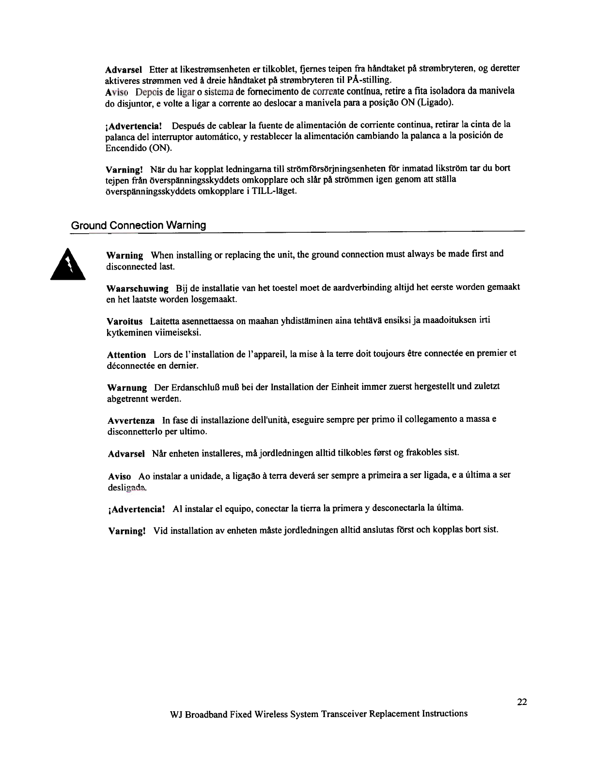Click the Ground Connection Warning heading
(139, 225)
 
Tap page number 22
(522, 703)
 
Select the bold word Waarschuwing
(137, 288)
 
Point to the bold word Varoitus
(125, 321)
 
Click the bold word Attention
(126, 355)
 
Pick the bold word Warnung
(126, 388)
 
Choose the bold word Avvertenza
(131, 420)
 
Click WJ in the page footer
(177, 714)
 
